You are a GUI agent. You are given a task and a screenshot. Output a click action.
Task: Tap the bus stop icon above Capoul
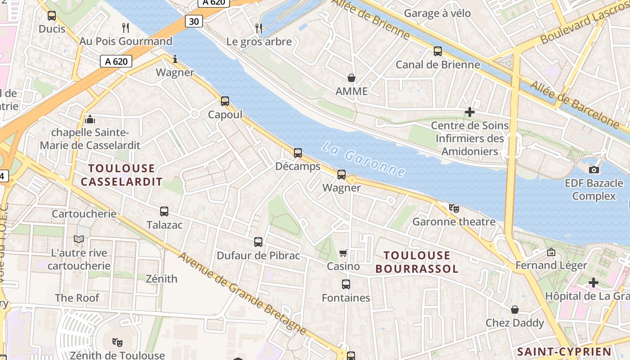225,101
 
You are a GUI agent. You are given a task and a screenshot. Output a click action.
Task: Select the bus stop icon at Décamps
298,153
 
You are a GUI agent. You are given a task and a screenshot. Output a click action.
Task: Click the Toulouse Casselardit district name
121,175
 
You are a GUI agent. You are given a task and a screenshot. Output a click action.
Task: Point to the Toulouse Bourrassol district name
417,262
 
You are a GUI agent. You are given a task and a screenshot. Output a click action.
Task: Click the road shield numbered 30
193,21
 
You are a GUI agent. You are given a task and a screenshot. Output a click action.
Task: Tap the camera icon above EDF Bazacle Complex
594,170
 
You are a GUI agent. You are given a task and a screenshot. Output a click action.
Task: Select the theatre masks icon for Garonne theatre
454,208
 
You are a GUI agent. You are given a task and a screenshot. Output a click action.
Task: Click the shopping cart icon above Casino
343,253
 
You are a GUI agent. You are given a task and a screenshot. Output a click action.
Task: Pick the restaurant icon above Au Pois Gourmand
126,28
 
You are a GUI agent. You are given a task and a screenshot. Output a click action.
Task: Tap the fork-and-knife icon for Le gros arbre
259,28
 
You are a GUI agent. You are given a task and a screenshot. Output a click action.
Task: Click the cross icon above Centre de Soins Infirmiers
470,112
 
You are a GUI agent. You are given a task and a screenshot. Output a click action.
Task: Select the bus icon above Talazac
164,211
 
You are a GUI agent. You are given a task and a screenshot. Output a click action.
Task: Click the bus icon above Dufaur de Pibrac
258,242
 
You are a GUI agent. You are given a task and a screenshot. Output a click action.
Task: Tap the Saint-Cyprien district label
564,351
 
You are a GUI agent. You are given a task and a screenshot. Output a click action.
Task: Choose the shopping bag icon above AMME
351,78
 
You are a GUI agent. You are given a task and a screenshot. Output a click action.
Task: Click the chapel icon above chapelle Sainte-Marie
90,119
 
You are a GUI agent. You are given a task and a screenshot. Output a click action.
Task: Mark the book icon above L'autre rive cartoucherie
79,239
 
